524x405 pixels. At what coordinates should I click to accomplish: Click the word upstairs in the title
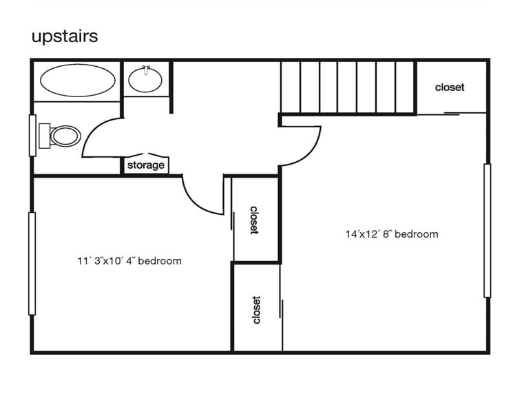click(x=65, y=36)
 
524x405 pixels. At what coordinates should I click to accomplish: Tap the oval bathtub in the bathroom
click(x=78, y=81)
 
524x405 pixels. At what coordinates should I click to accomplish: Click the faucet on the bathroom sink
click(x=146, y=69)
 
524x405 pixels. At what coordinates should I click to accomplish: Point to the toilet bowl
click(x=67, y=136)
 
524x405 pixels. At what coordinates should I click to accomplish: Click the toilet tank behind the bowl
click(x=44, y=135)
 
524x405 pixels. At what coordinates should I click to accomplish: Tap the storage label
click(x=145, y=165)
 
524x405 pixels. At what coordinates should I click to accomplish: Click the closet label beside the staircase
click(x=450, y=87)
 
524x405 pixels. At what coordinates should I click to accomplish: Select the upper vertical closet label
click(x=254, y=220)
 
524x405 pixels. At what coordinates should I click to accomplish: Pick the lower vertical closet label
click(x=256, y=310)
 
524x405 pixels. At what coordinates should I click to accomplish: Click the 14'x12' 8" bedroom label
click(x=391, y=234)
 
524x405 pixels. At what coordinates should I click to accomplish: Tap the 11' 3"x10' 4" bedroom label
click(x=129, y=261)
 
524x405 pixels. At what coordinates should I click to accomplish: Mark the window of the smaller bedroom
click(x=32, y=264)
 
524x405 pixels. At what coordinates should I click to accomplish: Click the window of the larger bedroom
click(x=487, y=231)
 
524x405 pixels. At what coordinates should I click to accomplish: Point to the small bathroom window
click(x=32, y=135)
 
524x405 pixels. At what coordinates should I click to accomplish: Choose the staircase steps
click(x=348, y=87)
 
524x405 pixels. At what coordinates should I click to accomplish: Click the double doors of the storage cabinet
click(x=145, y=155)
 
